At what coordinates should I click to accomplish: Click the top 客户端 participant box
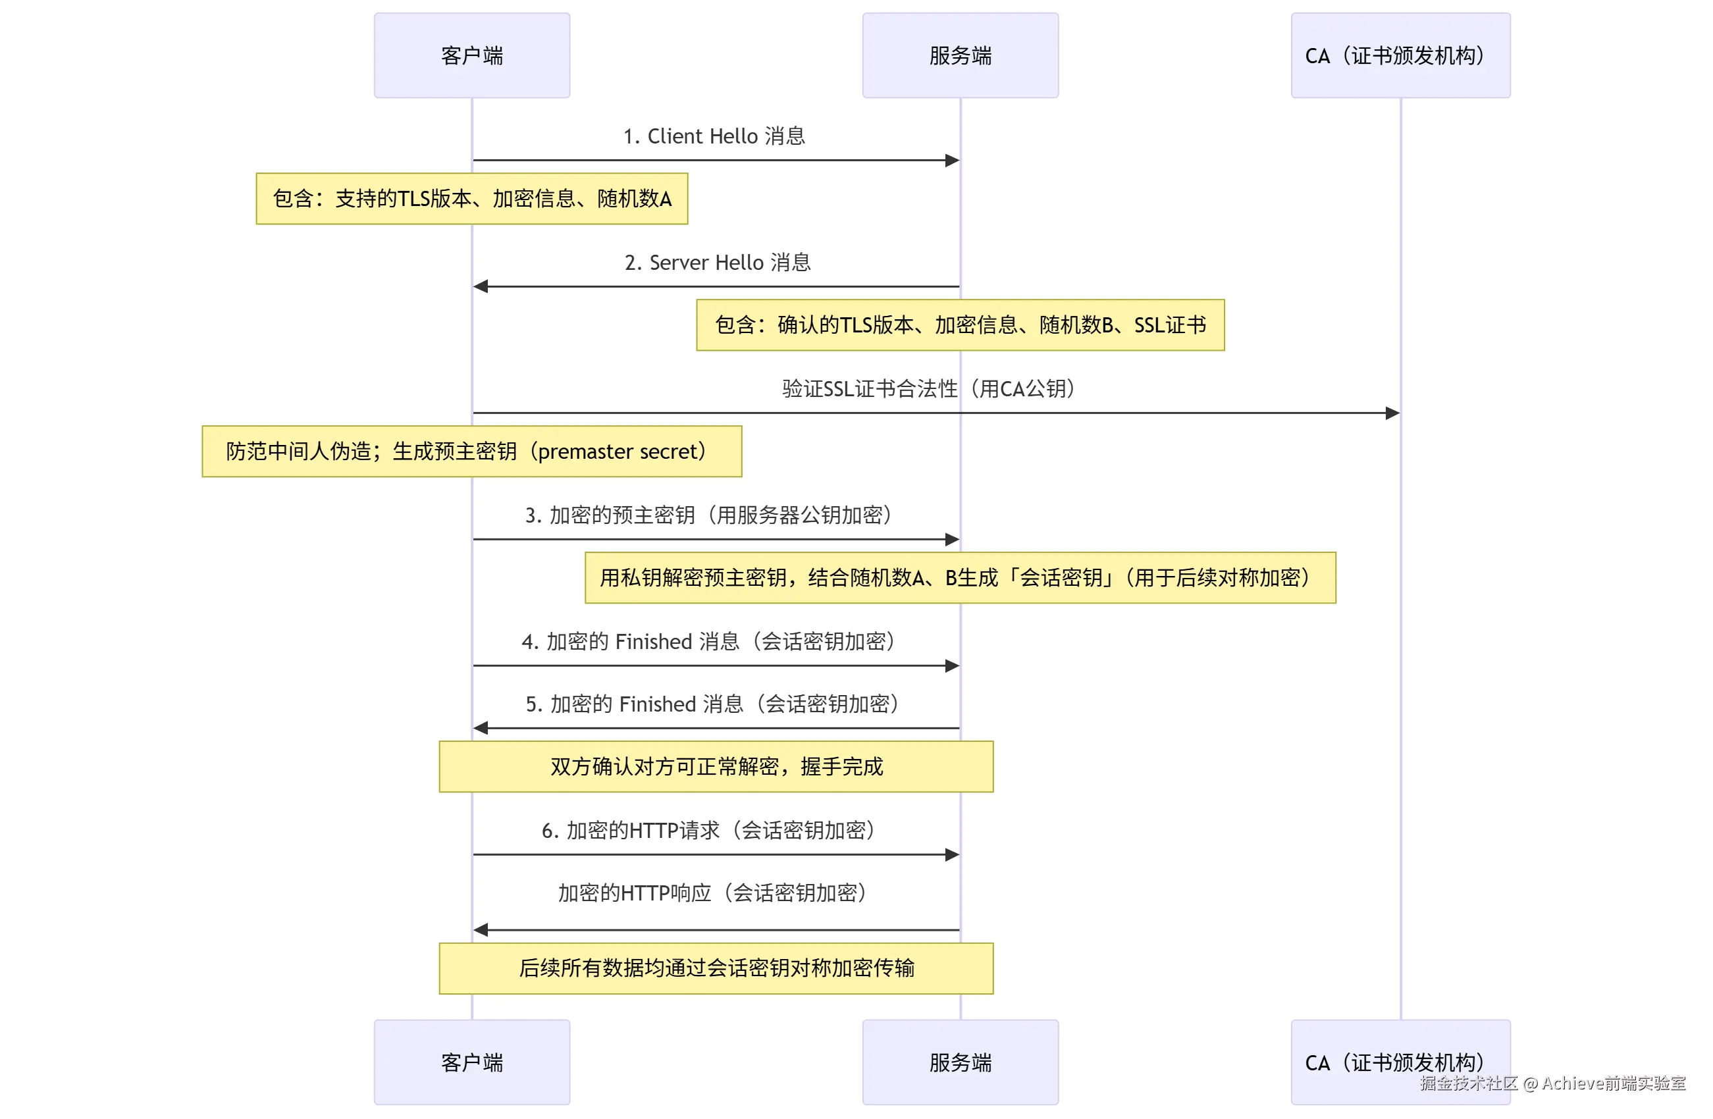tap(471, 55)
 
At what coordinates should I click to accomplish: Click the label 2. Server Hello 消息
tap(717, 263)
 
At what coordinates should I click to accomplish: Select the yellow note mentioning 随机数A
tap(471, 199)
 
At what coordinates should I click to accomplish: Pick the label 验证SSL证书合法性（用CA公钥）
tap(928, 388)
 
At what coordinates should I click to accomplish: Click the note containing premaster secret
tap(471, 451)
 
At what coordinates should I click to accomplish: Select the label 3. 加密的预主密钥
tap(708, 515)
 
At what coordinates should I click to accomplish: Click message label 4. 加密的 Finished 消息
tap(708, 641)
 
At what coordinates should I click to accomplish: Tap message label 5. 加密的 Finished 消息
tap(712, 704)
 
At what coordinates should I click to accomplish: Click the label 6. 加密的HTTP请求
tap(708, 831)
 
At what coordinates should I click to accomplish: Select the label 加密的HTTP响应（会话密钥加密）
tap(712, 893)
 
